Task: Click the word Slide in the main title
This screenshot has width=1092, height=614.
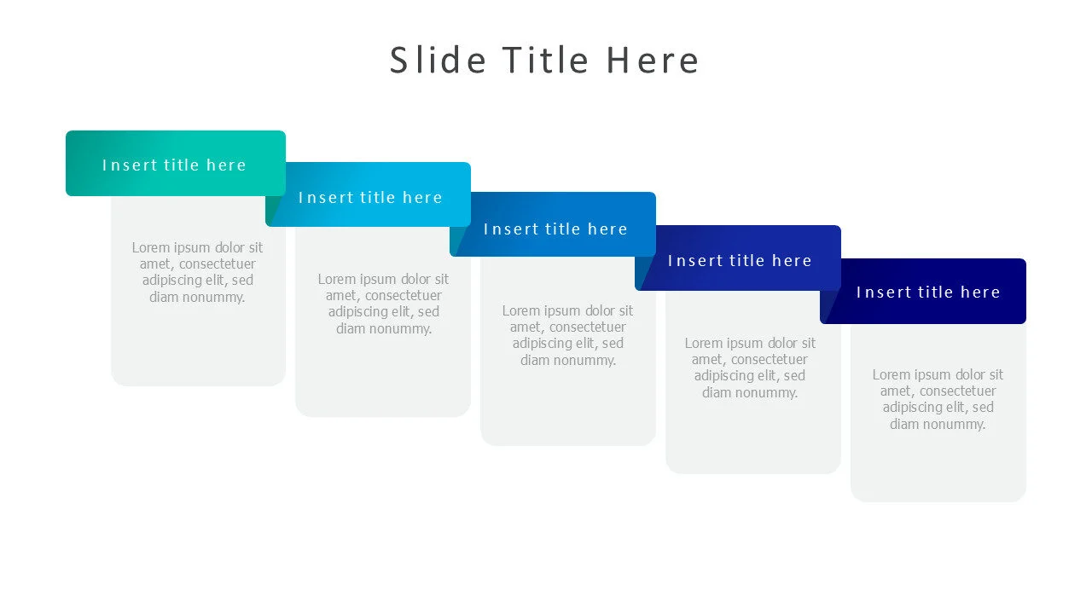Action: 438,61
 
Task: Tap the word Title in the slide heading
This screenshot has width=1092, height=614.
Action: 545,61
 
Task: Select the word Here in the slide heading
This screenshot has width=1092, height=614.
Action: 653,61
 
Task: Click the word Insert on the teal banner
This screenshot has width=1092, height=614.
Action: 130,165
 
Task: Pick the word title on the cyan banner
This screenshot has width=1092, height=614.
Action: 377,197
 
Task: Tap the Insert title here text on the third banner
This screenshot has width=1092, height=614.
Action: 555,229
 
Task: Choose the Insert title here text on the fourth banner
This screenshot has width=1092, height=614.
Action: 740,261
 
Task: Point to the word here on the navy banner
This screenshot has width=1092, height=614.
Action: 980,293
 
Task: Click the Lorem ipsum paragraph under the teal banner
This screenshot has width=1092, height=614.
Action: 197,272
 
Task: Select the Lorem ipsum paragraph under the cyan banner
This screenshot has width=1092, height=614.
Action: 383,304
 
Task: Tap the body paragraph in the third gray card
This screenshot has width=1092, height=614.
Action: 567,335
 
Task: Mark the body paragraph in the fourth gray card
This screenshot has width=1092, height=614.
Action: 750,368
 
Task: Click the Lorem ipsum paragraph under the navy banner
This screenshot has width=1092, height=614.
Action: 938,399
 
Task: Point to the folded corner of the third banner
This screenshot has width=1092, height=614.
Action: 457,242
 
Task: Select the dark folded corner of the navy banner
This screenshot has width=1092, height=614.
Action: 828,307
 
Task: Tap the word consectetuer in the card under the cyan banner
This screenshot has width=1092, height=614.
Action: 404,295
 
